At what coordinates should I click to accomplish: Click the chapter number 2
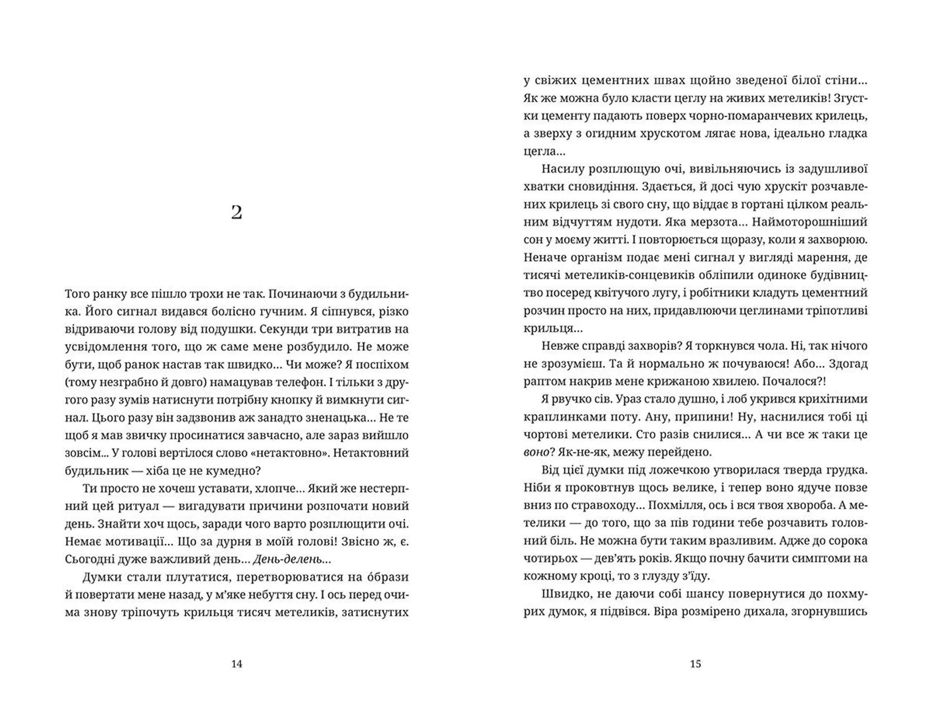click(236, 213)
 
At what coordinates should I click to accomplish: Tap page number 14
click(236, 664)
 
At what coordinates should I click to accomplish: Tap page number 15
click(695, 664)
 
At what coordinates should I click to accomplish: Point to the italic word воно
click(535, 452)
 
